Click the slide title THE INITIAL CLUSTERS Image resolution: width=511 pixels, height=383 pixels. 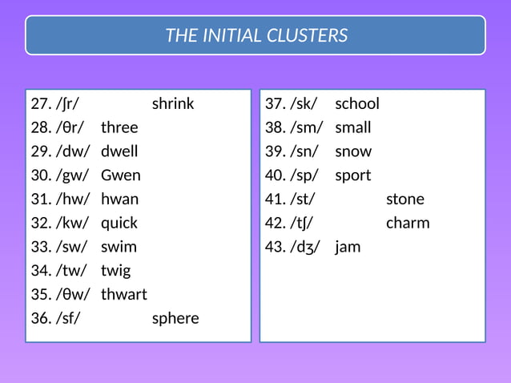pos(256,35)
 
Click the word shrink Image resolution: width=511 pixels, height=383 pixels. pos(173,103)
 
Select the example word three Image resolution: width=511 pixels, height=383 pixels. pos(119,127)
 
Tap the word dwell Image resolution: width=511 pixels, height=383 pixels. pos(119,151)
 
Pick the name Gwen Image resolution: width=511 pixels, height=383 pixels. pos(120,175)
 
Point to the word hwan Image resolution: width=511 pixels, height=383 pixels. pos(119,199)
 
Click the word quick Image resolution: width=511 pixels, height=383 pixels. pos(119,223)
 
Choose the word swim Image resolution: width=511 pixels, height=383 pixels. pos(119,247)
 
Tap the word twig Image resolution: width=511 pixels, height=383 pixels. pos(115,271)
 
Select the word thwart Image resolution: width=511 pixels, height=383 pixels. pos(124,294)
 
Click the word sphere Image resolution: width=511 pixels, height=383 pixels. pos(175,318)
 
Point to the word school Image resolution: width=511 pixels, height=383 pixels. pos(357,103)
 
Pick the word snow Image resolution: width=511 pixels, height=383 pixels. pos(353,151)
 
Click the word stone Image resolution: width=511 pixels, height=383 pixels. pos(405,199)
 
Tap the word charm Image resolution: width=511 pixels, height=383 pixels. pos(408,223)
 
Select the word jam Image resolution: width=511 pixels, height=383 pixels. pos(348,247)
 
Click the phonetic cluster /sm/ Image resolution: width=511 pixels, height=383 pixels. pos(307,127)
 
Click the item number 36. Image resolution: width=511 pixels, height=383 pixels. pos(41,318)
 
